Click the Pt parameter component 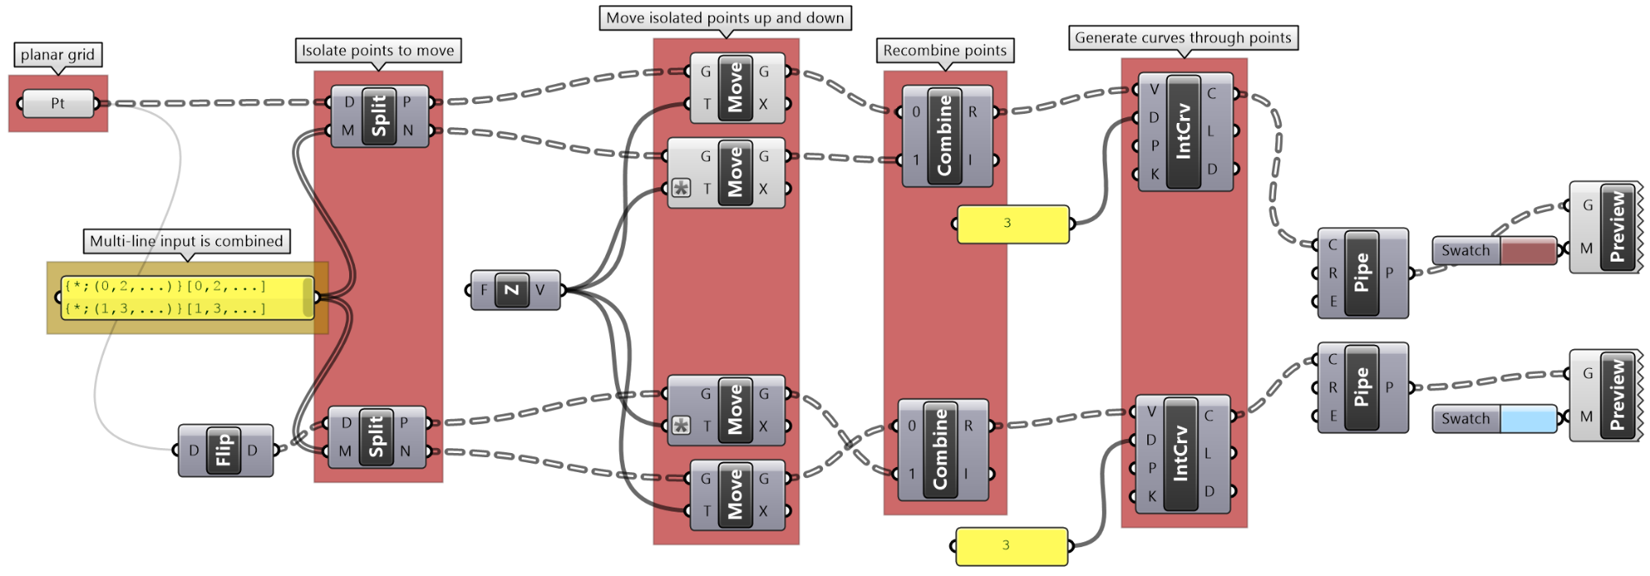[58, 104]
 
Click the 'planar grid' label [58, 55]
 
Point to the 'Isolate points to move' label [377, 51]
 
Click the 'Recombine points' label [944, 51]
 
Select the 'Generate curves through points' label [1182, 38]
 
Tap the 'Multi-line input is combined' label [186, 242]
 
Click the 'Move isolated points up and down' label [725, 18]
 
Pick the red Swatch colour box [1527, 251]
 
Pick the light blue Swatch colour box [1527, 419]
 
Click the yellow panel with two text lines [187, 298]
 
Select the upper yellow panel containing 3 [1012, 224]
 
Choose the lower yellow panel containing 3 [1011, 545]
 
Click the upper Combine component [946, 135]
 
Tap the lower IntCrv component [1181, 455]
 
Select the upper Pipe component [1362, 273]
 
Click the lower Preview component [1616, 394]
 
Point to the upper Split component [379, 116]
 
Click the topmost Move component [735, 88]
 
